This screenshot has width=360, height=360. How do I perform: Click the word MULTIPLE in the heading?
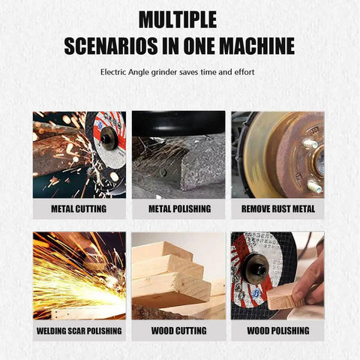coord(178,19)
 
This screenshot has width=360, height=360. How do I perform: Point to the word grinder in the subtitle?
coord(164,73)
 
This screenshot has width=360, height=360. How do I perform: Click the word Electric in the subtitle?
coord(113,72)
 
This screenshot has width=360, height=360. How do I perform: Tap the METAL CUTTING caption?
coord(79,208)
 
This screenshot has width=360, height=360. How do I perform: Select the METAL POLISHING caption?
coord(180,208)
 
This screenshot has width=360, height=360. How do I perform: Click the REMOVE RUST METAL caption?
coord(278,208)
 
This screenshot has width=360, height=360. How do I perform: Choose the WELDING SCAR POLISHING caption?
coord(79,331)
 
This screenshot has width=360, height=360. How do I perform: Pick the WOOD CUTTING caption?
coord(179,331)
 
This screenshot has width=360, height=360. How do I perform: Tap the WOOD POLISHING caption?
coord(278,331)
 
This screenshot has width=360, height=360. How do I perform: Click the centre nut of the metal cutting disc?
coord(108,138)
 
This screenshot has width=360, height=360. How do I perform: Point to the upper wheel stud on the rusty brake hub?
coord(310,144)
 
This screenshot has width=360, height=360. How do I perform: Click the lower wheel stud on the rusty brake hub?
coord(314,187)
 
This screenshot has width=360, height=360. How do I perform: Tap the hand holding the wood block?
coord(308,280)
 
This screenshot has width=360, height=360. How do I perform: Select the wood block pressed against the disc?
coord(285,298)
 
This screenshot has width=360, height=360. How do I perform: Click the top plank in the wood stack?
coord(163,251)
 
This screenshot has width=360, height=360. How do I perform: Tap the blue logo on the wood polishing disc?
coord(256,293)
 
